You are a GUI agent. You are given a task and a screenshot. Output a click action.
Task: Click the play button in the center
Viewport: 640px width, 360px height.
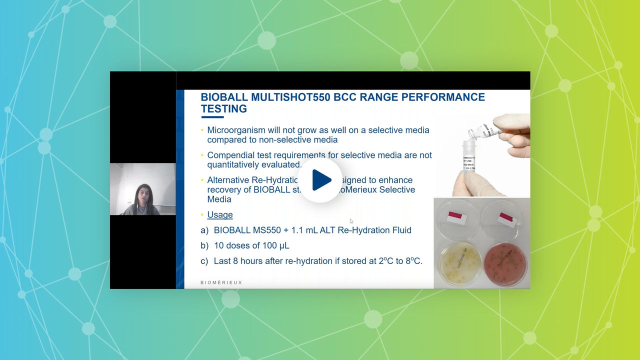pos(320,180)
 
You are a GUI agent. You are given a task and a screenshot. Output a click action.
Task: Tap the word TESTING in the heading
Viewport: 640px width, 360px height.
pos(224,109)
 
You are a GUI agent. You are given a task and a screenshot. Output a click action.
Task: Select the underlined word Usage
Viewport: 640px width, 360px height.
pos(220,214)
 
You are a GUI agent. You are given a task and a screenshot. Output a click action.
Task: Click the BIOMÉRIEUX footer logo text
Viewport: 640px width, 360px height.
pos(221,282)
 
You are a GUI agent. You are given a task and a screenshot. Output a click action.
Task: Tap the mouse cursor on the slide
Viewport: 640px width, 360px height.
pos(351,221)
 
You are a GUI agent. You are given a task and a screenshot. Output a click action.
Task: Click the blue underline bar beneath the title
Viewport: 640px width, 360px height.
pos(212,117)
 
